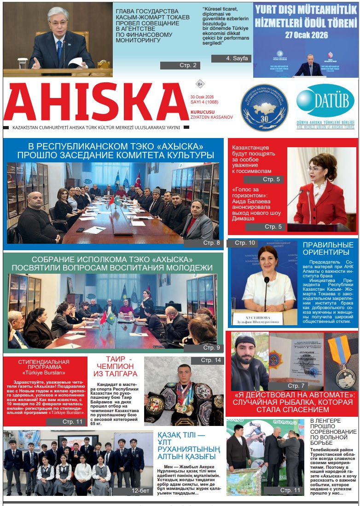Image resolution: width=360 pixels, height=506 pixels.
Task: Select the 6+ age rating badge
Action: [x=200, y=84]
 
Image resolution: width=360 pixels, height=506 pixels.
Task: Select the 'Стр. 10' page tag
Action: [x=244, y=243]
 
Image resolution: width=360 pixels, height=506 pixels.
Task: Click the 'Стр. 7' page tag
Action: [x=296, y=385]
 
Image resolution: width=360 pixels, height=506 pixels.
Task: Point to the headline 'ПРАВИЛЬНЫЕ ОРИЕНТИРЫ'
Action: [x=328, y=248]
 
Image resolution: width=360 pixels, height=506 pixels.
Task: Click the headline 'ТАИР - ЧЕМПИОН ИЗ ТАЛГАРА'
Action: [x=115, y=366]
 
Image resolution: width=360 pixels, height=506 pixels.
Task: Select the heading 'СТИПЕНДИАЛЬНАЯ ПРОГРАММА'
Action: [x=44, y=365]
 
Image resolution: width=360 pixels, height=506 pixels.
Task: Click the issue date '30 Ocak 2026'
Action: [x=202, y=97]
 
